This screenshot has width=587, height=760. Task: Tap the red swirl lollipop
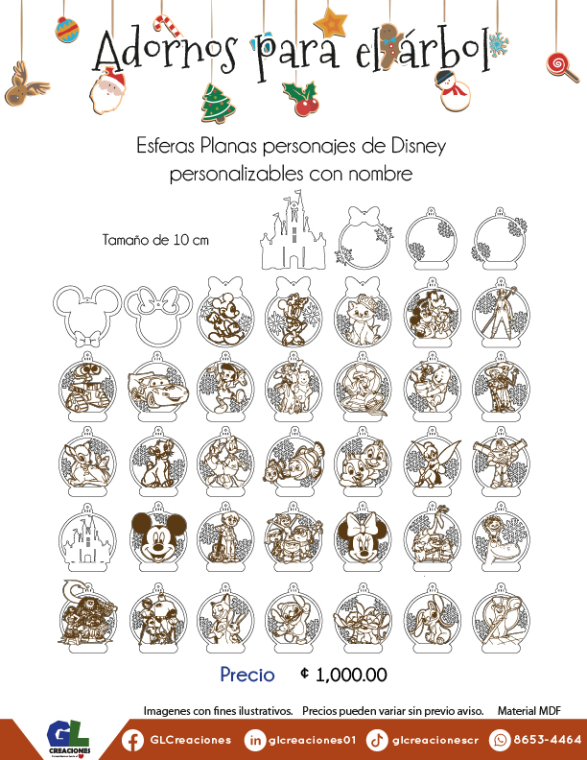coord(556,64)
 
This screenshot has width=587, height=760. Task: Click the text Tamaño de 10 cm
coord(155,240)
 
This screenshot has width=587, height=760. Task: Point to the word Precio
coord(247,675)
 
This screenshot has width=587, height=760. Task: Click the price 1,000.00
coord(351,675)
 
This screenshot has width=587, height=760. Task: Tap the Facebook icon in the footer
coord(132,740)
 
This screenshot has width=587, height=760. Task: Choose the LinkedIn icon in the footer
coord(255,740)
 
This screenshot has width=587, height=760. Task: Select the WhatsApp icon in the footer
coord(500,740)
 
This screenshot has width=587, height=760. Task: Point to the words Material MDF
coord(528,711)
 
